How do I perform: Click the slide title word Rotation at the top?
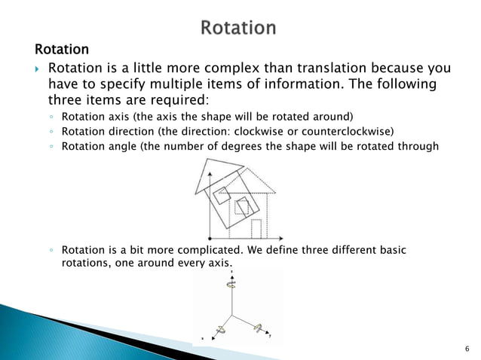pyautogui.click(x=238, y=29)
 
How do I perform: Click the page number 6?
pyautogui.click(x=467, y=348)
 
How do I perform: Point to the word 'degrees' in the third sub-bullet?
pyautogui.click(x=258, y=145)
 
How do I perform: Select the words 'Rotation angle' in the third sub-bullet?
pyautogui.click(x=98, y=145)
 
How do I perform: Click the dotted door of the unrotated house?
pyautogui.click(x=256, y=227)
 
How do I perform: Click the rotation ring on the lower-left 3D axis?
pyautogui.click(x=222, y=330)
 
